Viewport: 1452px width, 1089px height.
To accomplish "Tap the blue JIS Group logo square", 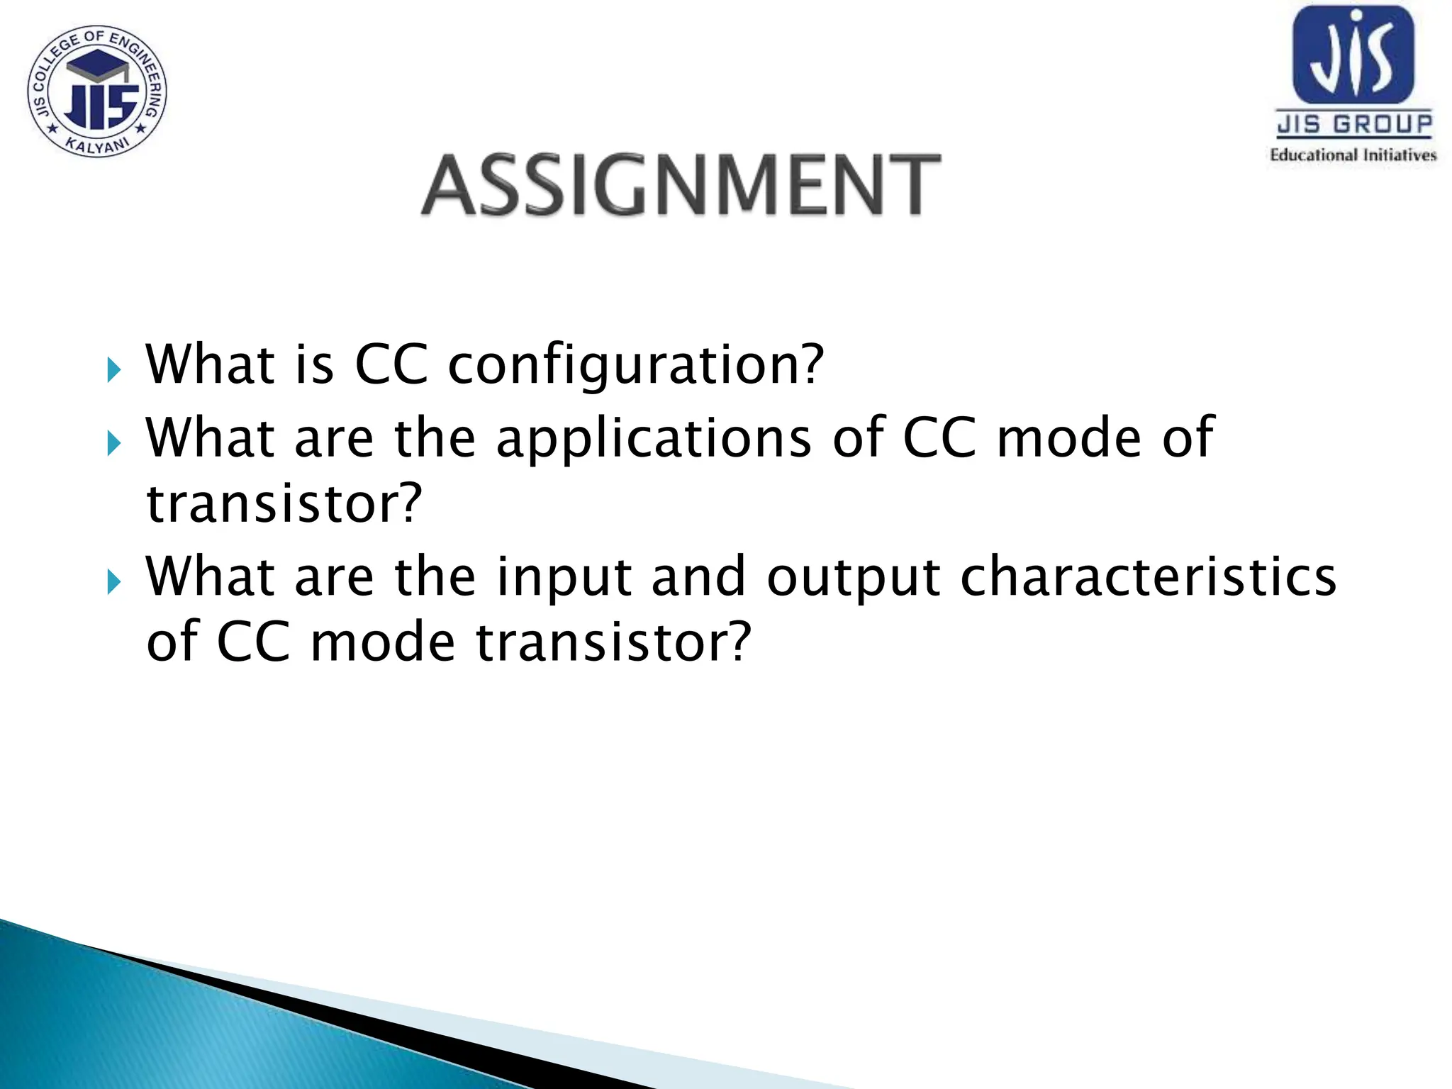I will [1353, 55].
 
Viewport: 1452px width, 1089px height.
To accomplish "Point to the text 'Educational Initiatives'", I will [1353, 155].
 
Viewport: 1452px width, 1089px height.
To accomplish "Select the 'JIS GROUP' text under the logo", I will [1354, 125].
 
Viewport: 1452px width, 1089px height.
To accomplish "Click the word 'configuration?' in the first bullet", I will [636, 366].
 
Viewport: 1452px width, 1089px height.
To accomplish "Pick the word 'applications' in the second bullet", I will [653, 439].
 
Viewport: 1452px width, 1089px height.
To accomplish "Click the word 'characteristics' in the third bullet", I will [1148, 577].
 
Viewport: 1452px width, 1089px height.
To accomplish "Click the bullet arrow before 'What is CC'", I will [114, 369].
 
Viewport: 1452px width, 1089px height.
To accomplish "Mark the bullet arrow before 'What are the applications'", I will [114, 444].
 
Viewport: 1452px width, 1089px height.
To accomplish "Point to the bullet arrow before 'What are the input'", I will [114, 583].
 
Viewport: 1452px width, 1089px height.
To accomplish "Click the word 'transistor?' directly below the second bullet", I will [284, 503].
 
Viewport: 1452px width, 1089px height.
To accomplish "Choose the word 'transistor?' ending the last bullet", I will [613, 642].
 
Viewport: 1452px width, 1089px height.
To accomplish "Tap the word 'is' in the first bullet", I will [314, 364].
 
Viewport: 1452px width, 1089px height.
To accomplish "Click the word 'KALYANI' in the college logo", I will [97, 145].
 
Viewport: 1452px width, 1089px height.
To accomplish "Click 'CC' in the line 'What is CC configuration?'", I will [391, 364].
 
